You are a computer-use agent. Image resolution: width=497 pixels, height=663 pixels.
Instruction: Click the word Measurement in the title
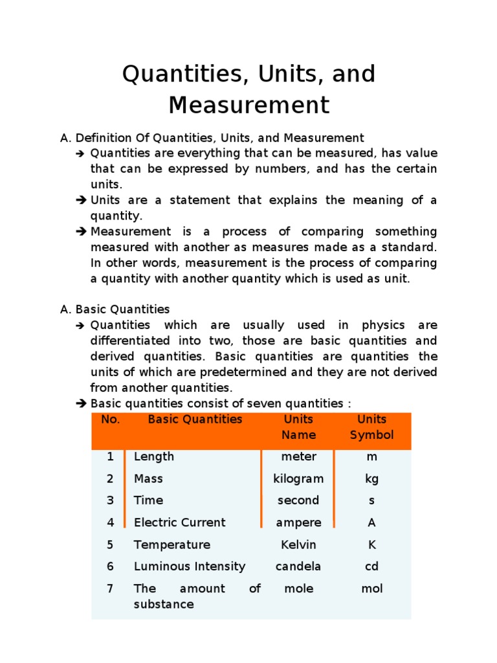[249, 104]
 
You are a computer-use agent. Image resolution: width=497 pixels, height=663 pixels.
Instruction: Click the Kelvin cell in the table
[298, 545]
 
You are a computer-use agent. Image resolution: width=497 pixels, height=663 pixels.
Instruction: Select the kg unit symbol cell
[371, 478]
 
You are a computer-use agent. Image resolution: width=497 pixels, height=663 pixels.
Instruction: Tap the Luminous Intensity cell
[190, 567]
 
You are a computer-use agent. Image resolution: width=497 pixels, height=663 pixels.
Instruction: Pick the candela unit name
[298, 567]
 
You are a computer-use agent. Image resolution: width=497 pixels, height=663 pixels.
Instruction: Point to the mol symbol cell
[371, 589]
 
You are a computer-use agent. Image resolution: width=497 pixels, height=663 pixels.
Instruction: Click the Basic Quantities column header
[195, 420]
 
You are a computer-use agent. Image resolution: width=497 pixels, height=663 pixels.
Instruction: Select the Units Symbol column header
[371, 427]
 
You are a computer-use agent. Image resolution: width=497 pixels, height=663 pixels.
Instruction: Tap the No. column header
[111, 420]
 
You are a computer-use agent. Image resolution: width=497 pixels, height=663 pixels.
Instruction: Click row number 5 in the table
[111, 545]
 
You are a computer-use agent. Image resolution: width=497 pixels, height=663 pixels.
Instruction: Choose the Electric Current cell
[179, 523]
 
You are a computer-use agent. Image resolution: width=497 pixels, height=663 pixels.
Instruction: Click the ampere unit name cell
[298, 523]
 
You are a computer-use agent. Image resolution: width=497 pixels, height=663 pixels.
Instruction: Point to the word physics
[382, 325]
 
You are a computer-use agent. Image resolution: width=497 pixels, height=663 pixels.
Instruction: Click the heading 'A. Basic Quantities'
[115, 309]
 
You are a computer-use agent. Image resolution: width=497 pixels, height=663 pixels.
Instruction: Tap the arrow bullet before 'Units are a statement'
[81, 201]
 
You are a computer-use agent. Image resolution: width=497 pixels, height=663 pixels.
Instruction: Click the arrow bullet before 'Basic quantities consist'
[81, 404]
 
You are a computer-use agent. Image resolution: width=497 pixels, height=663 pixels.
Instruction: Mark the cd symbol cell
[371, 567]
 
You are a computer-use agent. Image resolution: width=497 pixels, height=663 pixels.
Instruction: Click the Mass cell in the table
[148, 478]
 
